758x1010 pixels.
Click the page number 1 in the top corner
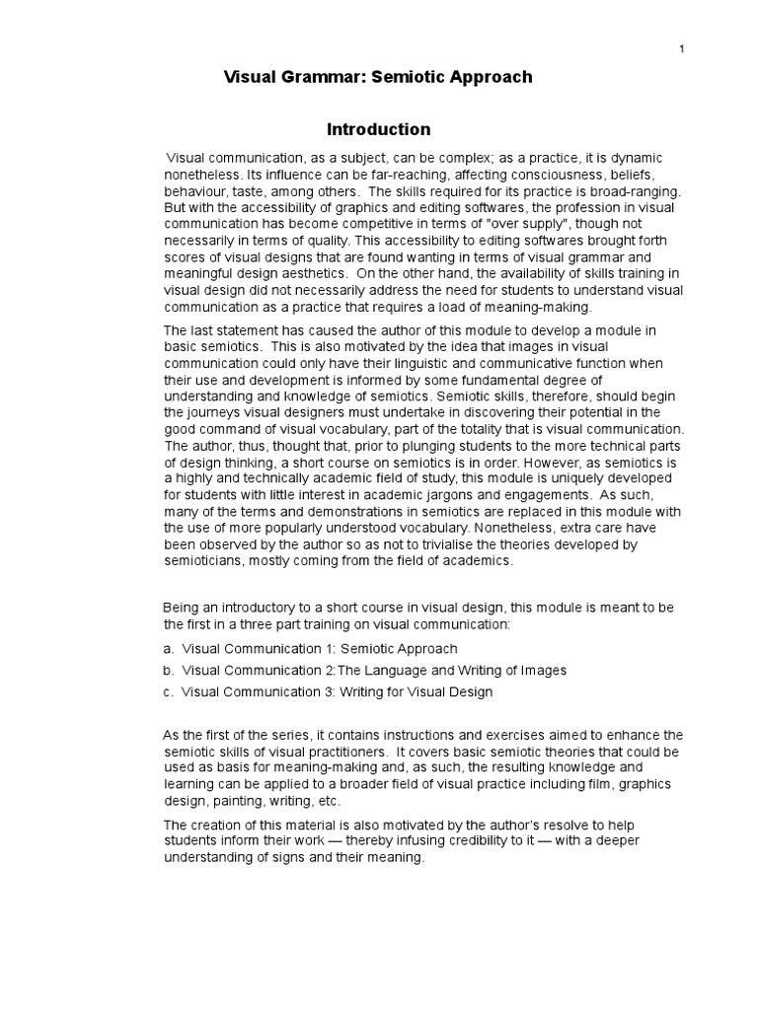[x=682, y=49]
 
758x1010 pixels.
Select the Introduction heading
[x=379, y=129]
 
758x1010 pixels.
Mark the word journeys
[x=216, y=410]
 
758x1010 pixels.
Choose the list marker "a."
[x=169, y=649]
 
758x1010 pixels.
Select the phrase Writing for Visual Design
[x=417, y=692]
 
